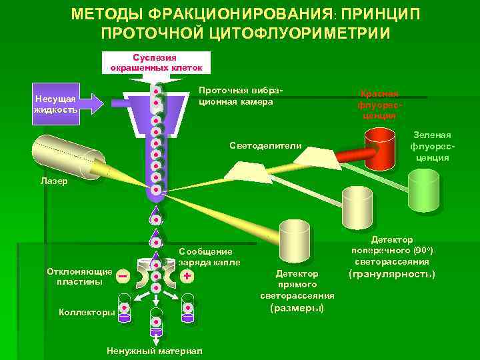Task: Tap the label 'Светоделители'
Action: (x=265, y=145)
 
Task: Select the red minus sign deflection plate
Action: (x=123, y=275)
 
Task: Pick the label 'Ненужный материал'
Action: (x=155, y=351)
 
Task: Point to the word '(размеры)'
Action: (x=297, y=308)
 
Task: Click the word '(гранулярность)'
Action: (x=392, y=273)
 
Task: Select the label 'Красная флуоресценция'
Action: (x=379, y=105)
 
